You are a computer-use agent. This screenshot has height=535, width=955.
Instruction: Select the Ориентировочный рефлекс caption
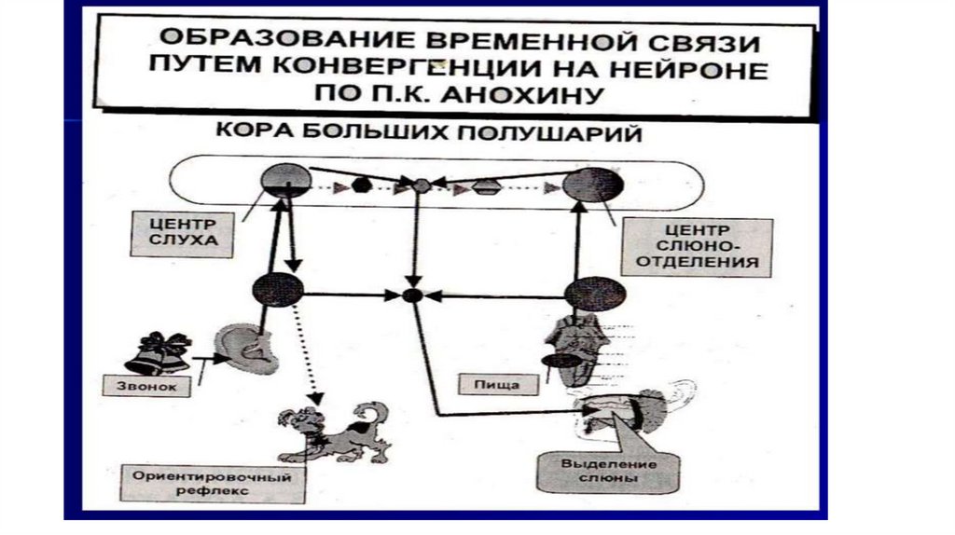coord(208,483)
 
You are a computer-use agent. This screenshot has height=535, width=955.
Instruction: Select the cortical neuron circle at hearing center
coord(286,180)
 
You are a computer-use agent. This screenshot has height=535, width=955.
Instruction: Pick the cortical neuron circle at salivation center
coord(593,185)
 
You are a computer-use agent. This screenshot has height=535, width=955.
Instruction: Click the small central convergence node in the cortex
coord(422,185)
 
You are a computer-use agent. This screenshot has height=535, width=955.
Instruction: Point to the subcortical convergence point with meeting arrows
coord(413,295)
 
